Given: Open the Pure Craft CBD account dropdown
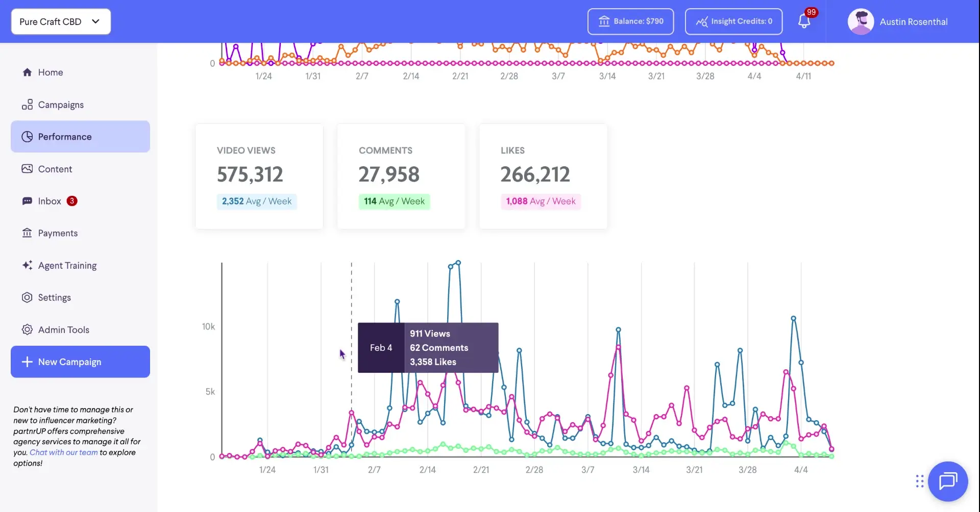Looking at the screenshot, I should (x=60, y=21).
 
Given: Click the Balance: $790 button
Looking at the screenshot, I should (x=630, y=21).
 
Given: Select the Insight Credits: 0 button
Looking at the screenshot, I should (x=733, y=21).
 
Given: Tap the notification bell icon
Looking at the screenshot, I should (x=804, y=21).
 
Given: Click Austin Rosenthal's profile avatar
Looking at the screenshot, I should (x=861, y=22).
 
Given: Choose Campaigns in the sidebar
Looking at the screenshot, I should (x=60, y=105).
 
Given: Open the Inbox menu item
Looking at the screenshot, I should (x=50, y=201).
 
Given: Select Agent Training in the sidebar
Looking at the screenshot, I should (x=67, y=265).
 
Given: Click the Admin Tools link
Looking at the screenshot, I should (x=63, y=329).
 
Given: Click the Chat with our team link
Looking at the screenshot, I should (x=63, y=452).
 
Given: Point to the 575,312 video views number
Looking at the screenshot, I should (x=250, y=174).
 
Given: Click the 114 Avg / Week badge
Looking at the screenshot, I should (x=394, y=201).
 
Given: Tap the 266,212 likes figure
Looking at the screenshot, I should (x=535, y=174).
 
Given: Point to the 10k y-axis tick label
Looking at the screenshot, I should (x=208, y=326).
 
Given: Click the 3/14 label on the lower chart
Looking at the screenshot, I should (x=641, y=470).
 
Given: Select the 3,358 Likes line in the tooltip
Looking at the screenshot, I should (x=433, y=362).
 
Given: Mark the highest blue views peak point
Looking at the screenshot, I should (x=458, y=263).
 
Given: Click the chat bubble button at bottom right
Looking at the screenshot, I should (x=948, y=481).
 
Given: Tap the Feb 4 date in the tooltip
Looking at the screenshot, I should (x=381, y=348).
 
